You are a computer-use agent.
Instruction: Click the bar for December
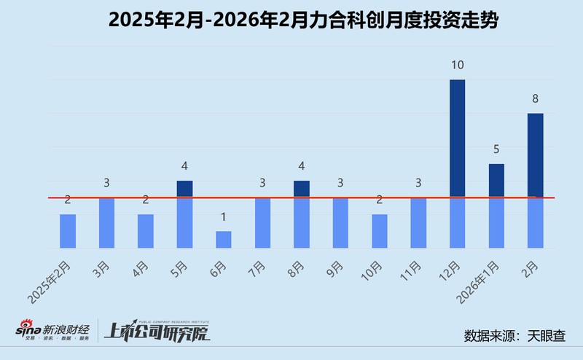[x=457, y=164]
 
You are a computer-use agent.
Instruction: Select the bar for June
[x=223, y=240]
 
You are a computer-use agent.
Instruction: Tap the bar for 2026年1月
[x=496, y=206]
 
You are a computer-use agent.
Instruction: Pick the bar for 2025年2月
[x=67, y=231]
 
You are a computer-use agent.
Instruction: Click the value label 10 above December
[x=457, y=65]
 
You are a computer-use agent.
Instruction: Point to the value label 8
[x=536, y=98]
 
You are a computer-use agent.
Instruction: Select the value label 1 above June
[x=223, y=216]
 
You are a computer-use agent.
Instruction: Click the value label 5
[x=496, y=149]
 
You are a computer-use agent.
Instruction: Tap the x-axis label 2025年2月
[x=52, y=279]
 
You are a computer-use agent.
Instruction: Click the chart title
[x=291, y=20]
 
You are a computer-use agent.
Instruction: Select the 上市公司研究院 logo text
[x=157, y=334]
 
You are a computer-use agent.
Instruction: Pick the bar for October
[x=379, y=231]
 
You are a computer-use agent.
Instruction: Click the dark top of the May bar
[x=184, y=189]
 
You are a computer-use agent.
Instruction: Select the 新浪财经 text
[x=66, y=329]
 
